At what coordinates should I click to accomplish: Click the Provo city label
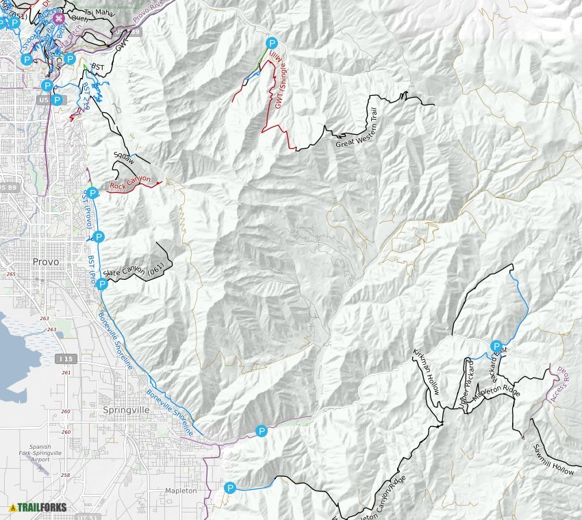[45, 261]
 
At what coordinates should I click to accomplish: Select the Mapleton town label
[181, 491]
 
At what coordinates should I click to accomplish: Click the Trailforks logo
[38, 507]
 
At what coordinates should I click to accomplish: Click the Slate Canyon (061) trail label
[134, 270]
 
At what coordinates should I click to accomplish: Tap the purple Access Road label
[561, 385]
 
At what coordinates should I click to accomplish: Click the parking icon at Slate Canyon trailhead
[102, 284]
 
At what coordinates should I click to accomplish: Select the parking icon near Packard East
[496, 346]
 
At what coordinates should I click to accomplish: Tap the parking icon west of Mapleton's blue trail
[230, 488]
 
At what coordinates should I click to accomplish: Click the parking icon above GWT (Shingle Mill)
[272, 42]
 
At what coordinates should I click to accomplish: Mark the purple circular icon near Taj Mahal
[60, 18]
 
